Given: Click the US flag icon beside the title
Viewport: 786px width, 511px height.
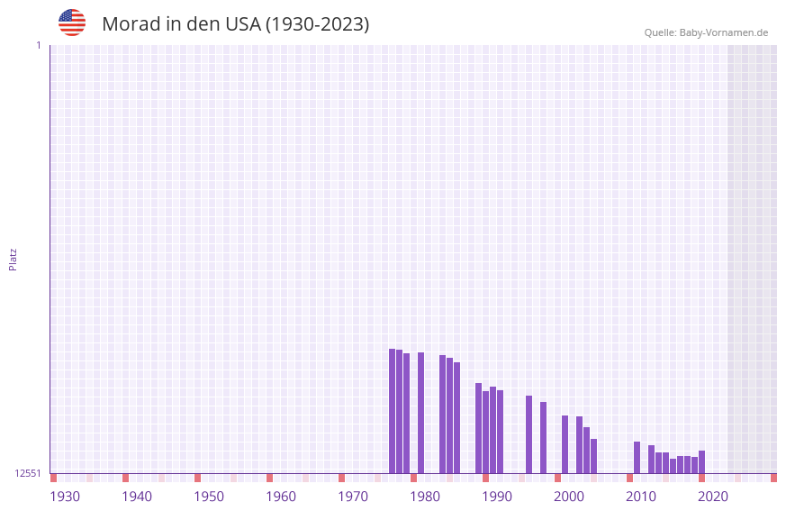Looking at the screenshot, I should click(72, 23).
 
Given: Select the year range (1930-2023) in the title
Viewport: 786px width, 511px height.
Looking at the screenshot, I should click(317, 24).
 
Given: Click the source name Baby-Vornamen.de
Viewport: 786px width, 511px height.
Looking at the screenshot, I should click(724, 33).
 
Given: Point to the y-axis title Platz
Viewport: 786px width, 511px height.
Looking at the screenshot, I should click(13, 259).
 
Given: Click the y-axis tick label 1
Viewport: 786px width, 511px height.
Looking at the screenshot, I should click(38, 45).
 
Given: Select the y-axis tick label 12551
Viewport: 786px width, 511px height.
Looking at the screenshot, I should click(28, 473).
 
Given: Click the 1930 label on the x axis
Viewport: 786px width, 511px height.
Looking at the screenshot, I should click(65, 497).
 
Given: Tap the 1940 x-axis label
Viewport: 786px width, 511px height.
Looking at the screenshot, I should click(137, 497).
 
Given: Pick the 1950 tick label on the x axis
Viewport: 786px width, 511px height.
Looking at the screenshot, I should click(209, 497).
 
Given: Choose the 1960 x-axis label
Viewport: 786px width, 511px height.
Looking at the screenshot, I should click(281, 497).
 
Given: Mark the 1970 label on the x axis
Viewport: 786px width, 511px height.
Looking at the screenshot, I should click(353, 497).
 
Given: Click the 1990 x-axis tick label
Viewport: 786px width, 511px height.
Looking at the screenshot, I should click(497, 497).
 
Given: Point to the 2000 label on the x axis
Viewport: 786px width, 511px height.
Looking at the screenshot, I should click(569, 497).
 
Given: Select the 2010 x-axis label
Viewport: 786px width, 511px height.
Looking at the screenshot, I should click(641, 497).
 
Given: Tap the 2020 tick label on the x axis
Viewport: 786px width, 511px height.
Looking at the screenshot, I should click(713, 497).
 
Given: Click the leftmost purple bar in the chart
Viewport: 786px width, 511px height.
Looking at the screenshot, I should click(393, 411).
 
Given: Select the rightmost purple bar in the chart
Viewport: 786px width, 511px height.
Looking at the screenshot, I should click(702, 461).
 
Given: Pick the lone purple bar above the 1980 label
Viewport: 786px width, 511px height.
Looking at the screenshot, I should click(421, 413).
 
